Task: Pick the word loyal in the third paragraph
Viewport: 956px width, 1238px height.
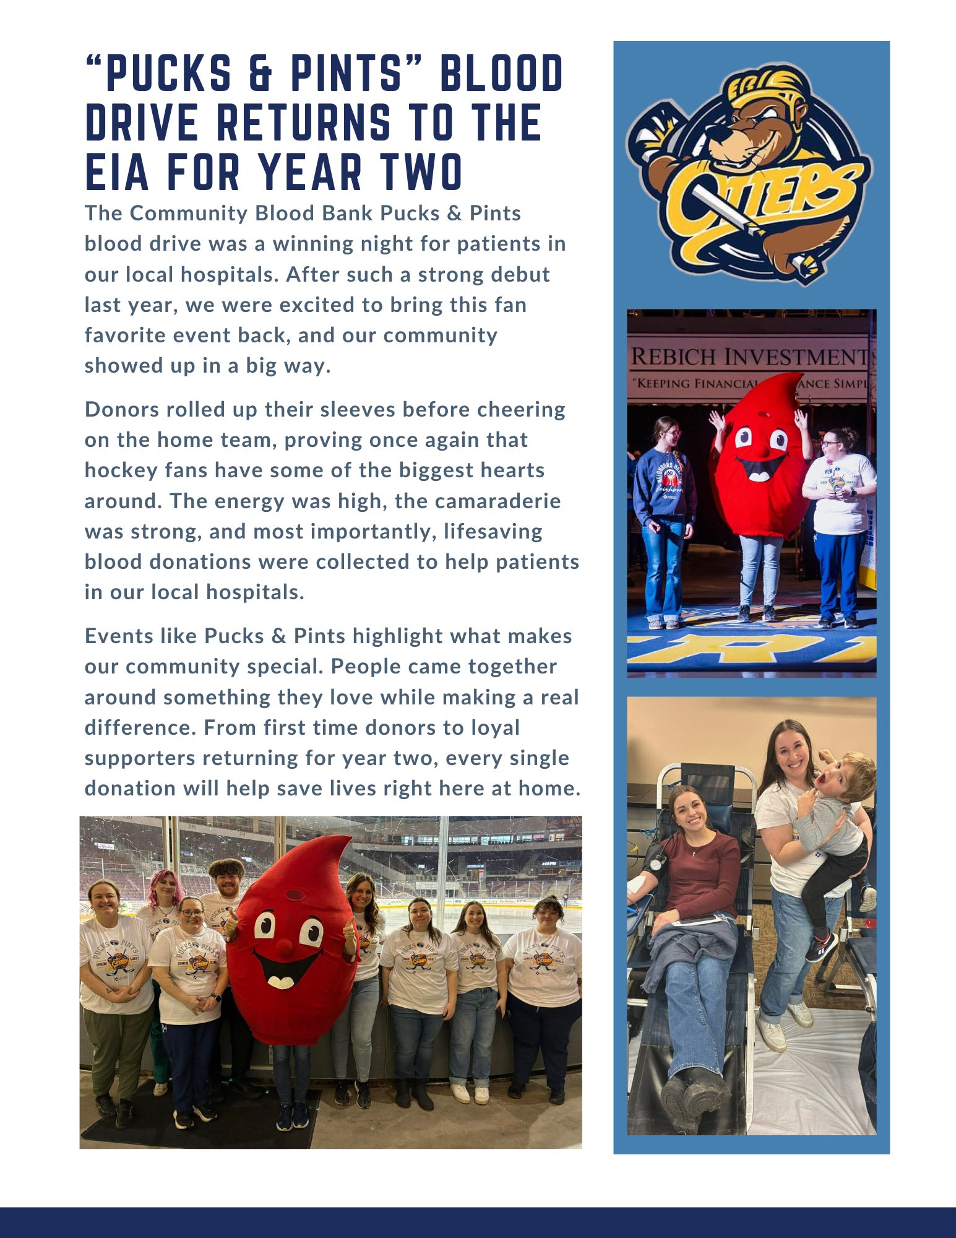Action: click(495, 727)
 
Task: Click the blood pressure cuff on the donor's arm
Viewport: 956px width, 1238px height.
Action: click(653, 862)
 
